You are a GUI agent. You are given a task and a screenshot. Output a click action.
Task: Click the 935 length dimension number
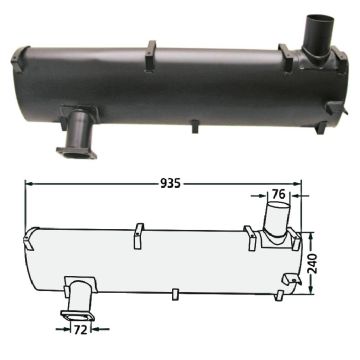(170, 183)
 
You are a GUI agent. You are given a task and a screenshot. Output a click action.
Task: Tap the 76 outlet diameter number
(278, 194)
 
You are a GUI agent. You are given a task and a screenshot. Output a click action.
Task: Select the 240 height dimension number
(314, 263)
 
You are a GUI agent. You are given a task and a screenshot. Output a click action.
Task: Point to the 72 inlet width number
(81, 330)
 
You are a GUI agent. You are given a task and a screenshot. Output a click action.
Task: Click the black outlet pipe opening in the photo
(318, 19)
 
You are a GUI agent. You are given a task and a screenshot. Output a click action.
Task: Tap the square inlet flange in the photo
(77, 152)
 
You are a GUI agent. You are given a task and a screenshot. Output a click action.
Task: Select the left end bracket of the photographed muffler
(19, 59)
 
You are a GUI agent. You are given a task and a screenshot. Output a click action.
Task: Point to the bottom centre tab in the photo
(195, 127)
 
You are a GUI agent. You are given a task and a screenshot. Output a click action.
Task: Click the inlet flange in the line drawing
(78, 316)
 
